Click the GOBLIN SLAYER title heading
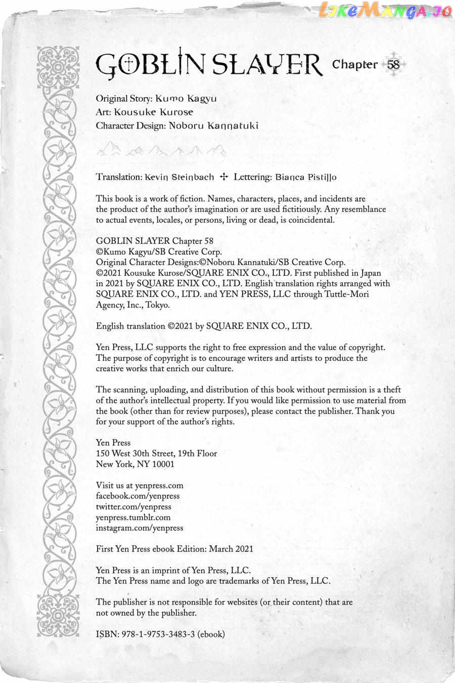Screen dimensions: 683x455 (208, 66)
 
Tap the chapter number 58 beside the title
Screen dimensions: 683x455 (393, 65)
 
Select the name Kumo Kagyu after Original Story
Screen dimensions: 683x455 (186, 98)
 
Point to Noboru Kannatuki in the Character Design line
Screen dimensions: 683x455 (213, 125)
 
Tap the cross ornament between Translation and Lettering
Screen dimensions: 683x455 (223, 177)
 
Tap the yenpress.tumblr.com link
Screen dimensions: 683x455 (133, 517)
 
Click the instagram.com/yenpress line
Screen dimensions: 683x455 (140, 528)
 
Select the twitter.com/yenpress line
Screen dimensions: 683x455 (133, 506)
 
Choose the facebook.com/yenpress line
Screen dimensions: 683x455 (138, 496)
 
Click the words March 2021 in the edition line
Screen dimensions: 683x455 (231, 548)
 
